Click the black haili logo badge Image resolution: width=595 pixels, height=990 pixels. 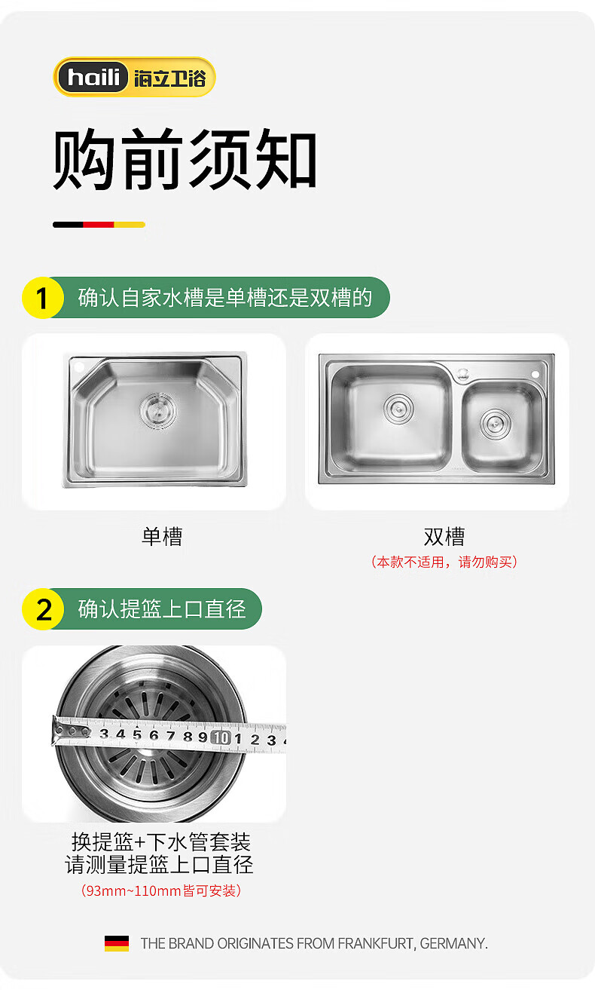click(93, 77)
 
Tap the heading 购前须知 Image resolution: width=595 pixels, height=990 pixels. click(185, 160)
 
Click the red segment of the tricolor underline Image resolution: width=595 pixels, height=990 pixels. click(99, 225)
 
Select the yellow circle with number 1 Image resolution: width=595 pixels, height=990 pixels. click(43, 297)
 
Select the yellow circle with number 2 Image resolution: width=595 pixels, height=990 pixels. click(43, 608)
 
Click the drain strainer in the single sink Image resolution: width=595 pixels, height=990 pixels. click(158, 411)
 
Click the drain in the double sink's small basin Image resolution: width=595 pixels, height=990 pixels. click(496, 425)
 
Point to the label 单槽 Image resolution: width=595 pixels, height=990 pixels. click(162, 537)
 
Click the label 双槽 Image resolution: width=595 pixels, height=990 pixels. click(444, 537)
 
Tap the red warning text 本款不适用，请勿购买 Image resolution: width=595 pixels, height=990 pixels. click(444, 562)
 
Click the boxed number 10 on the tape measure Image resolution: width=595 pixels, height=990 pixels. click(221, 737)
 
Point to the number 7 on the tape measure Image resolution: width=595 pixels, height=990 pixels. click(171, 735)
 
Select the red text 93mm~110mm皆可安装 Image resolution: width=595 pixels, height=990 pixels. click(161, 890)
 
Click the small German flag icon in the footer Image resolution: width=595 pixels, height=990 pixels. click(117, 943)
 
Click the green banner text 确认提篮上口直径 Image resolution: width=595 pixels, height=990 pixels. click(161, 608)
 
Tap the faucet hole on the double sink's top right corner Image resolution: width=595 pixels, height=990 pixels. click(535, 374)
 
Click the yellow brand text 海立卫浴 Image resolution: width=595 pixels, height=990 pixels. click(170, 78)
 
